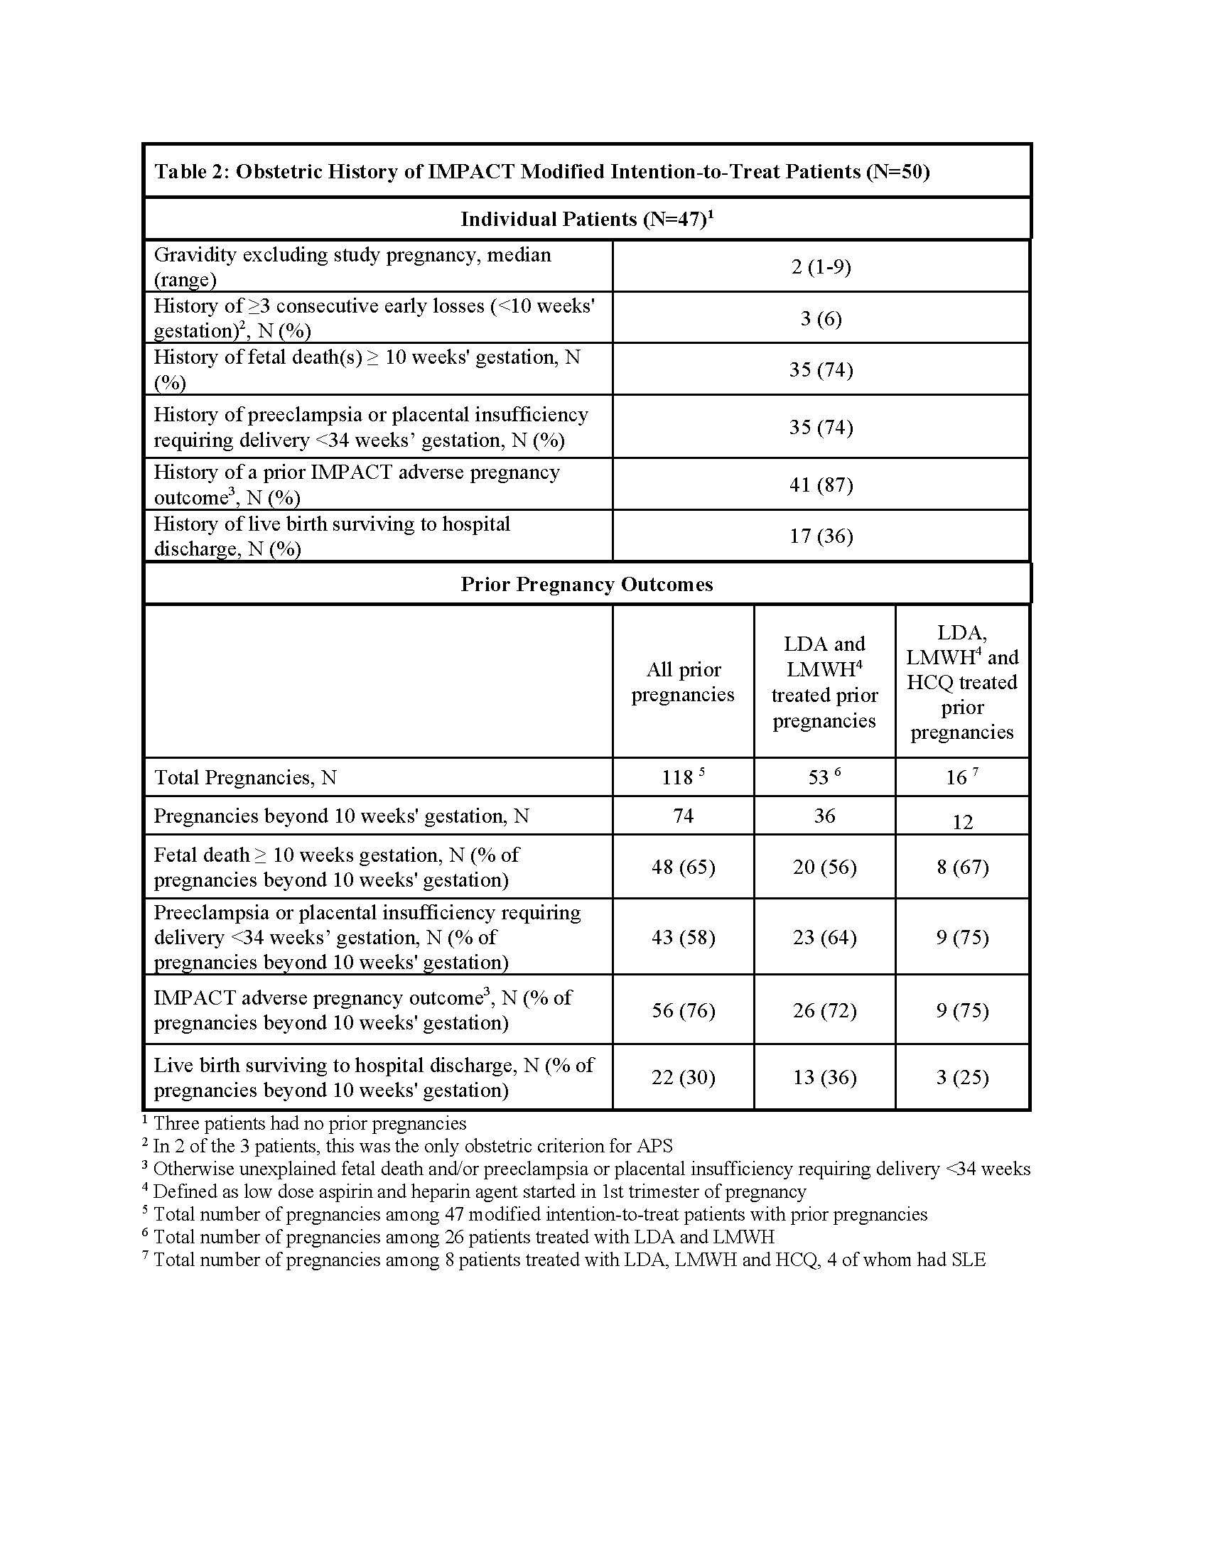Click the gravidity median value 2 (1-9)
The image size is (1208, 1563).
pyautogui.click(x=821, y=267)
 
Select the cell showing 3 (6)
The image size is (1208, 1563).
pyautogui.click(x=821, y=318)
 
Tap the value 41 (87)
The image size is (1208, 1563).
pyautogui.click(x=821, y=485)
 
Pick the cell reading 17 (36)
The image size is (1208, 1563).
pyautogui.click(x=821, y=536)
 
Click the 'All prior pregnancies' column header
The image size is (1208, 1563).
pyautogui.click(x=683, y=682)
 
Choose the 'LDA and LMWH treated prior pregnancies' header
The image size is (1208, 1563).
pyautogui.click(x=824, y=682)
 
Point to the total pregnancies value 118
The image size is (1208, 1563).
pyautogui.click(x=677, y=777)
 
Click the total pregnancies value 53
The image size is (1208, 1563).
pyautogui.click(x=819, y=777)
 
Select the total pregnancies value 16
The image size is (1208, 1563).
pyautogui.click(x=957, y=777)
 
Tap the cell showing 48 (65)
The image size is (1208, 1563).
pyautogui.click(x=683, y=867)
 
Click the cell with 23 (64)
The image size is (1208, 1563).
pyautogui.click(x=824, y=937)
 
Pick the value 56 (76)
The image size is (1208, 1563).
pyautogui.click(x=683, y=1010)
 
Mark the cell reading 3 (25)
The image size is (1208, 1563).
pyautogui.click(x=963, y=1077)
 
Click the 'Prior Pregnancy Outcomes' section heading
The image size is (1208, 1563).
pyautogui.click(x=587, y=584)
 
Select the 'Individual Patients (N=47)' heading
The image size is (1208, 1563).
pyautogui.click(x=587, y=219)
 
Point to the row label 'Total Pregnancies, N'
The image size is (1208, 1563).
pyautogui.click(x=245, y=777)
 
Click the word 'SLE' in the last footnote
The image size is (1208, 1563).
pyautogui.click(x=968, y=1259)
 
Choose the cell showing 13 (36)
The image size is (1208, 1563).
pyautogui.click(x=824, y=1077)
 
